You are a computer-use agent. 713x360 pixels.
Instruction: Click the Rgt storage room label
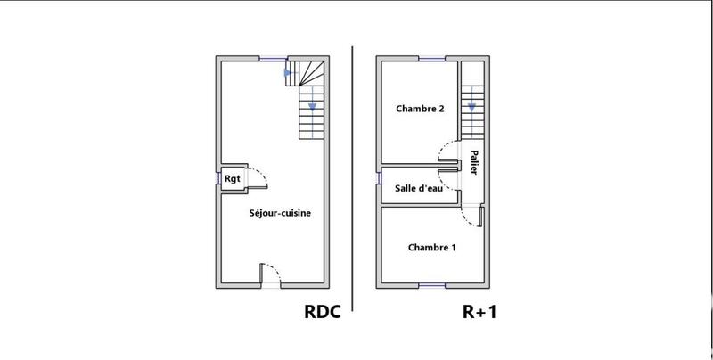232,179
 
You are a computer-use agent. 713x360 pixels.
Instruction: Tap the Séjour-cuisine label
279,214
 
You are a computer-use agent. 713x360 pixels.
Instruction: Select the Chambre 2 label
421,110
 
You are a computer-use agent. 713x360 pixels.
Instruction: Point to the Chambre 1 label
432,247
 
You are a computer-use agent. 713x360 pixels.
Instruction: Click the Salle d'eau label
419,188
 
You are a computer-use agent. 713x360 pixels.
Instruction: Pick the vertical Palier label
472,160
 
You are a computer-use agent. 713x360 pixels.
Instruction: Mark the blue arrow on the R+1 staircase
470,109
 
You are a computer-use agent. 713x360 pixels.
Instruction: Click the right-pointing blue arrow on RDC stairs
287,72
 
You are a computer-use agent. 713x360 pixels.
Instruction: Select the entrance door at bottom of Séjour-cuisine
269,275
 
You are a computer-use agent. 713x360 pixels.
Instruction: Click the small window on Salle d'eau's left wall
379,187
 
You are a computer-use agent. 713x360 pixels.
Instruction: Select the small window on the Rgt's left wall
217,179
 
